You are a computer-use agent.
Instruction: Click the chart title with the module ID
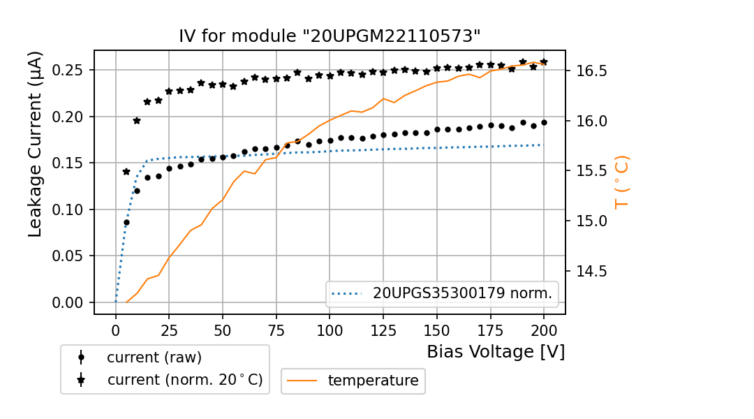[330, 36]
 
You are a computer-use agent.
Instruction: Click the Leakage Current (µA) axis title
[36, 144]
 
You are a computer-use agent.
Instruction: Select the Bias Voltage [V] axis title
[496, 351]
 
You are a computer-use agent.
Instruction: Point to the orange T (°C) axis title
[621, 182]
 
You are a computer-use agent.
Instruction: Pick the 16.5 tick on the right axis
[591, 71]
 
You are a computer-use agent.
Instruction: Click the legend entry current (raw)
[154, 358]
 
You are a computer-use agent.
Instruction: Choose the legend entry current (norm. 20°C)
[184, 380]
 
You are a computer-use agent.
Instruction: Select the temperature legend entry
[373, 381]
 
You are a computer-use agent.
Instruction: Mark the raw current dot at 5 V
[126, 223]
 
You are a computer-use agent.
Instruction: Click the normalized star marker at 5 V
[126, 172]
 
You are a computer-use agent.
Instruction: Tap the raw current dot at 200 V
[544, 122]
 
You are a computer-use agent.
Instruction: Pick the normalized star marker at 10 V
[137, 121]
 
